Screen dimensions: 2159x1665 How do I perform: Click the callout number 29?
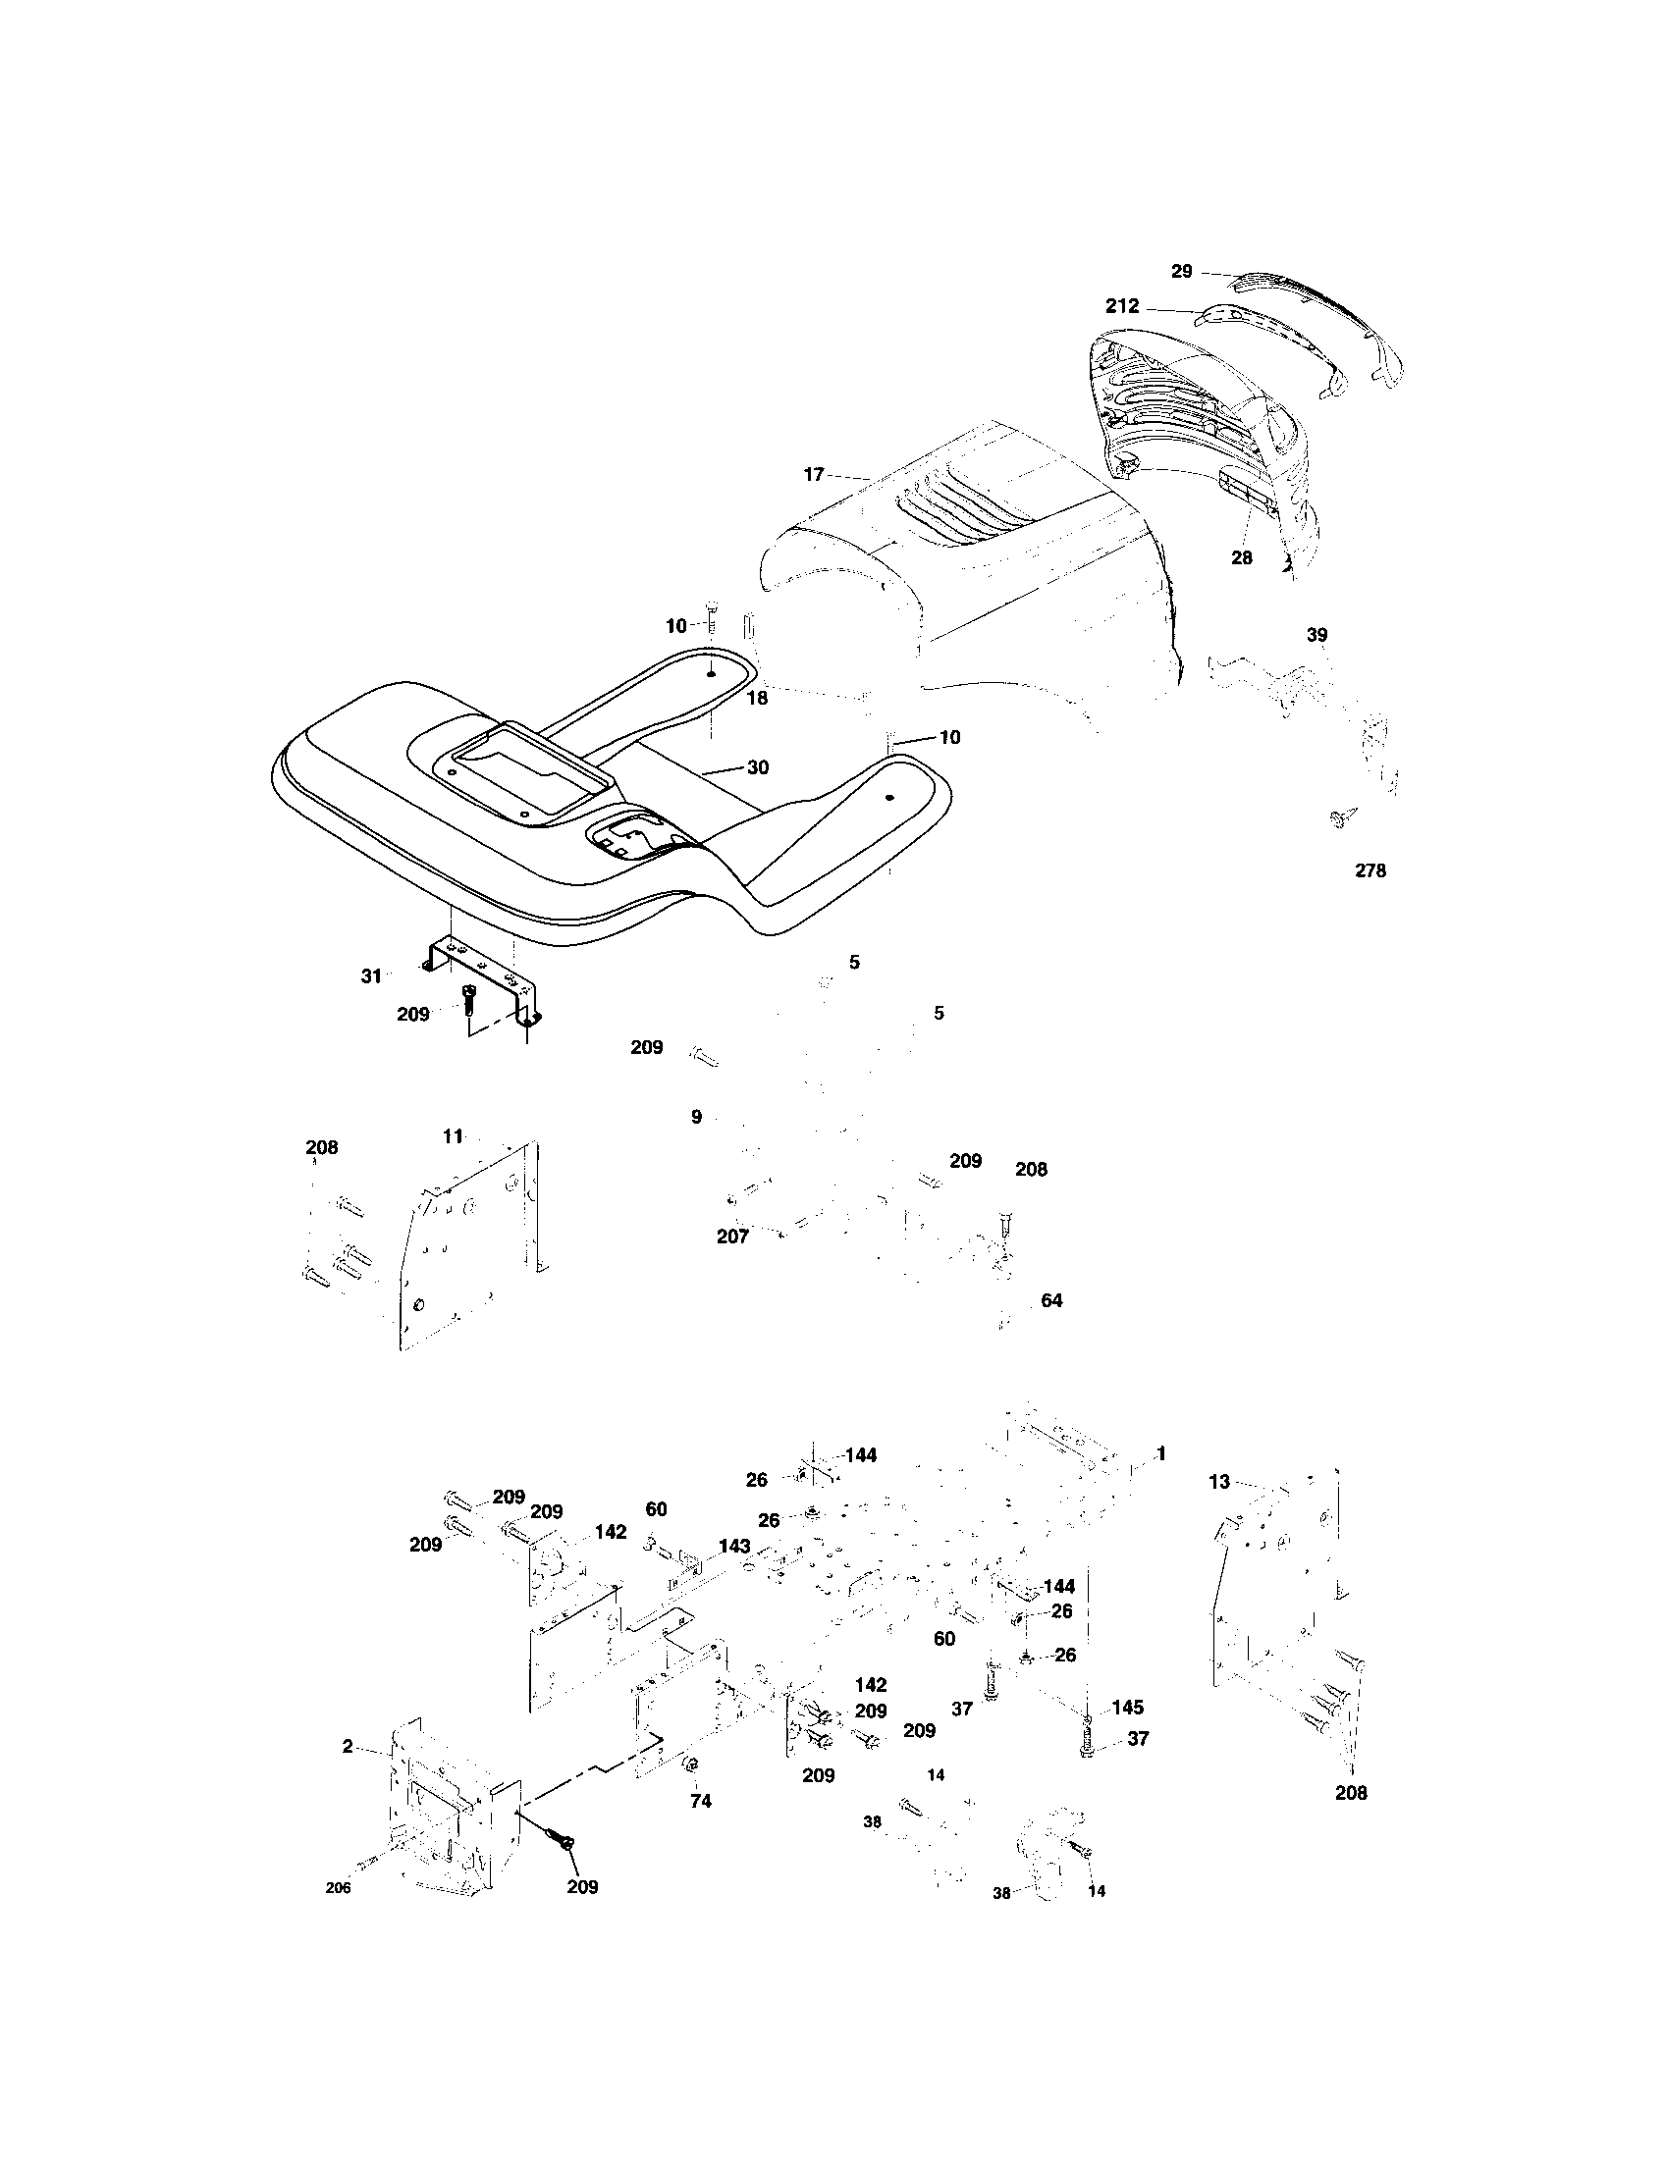(1182, 271)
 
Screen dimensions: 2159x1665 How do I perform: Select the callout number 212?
(1122, 306)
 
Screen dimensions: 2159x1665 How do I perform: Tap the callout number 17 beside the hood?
(813, 476)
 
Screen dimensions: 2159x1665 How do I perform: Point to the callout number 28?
(1241, 557)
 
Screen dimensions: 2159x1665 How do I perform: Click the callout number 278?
(1370, 870)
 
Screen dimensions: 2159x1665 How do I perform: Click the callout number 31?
(370, 976)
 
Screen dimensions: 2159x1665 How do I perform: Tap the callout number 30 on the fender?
(757, 767)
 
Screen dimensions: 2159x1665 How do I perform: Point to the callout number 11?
(453, 1136)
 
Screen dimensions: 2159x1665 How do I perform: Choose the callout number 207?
(732, 1237)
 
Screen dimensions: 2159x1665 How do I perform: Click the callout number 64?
(1052, 1301)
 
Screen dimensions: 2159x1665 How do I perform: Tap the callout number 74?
(700, 1801)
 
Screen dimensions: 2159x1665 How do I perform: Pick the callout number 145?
(1127, 1708)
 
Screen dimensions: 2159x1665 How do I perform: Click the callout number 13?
(1219, 1482)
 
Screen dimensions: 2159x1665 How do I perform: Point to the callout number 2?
(348, 1747)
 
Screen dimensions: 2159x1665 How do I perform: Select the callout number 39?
(1316, 635)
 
